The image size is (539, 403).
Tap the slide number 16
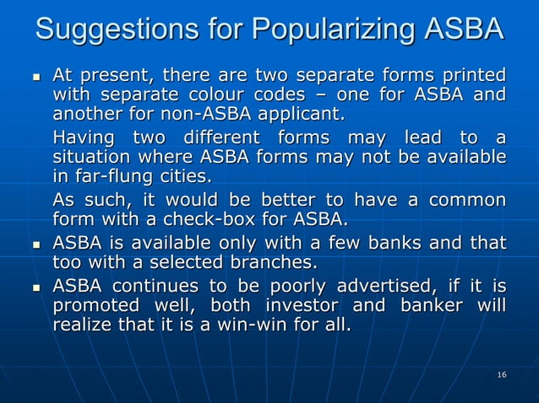(502, 373)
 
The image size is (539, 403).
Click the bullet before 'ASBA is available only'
(35, 244)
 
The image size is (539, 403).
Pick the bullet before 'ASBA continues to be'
(35, 285)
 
